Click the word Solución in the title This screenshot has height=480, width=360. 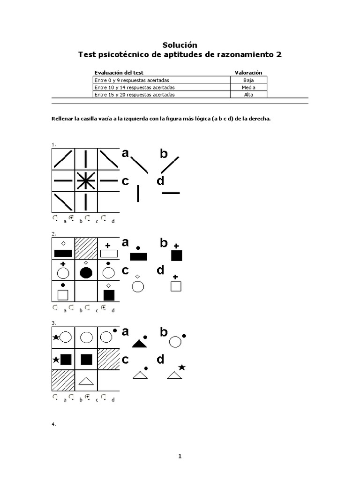point(180,45)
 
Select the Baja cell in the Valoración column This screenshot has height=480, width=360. point(248,80)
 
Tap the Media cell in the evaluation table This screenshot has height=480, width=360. point(248,87)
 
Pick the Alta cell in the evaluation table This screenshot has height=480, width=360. point(248,94)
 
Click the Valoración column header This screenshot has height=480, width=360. point(248,73)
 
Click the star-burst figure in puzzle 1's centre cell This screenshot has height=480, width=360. point(85,180)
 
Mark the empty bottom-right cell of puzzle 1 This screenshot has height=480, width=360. point(108,202)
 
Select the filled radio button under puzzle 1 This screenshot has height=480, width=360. point(71,218)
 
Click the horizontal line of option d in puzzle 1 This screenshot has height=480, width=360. point(171,193)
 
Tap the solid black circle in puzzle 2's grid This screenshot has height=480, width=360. point(86,273)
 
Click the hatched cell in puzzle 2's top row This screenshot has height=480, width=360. point(86,247)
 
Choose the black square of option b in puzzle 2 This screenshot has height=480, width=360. point(177,255)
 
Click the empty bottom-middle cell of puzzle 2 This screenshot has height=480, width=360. point(86,292)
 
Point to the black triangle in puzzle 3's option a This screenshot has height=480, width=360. point(139,344)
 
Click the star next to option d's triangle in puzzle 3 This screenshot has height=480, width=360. point(182,367)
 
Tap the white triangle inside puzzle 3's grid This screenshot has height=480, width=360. point(85,381)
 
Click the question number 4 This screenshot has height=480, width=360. point(53,424)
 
